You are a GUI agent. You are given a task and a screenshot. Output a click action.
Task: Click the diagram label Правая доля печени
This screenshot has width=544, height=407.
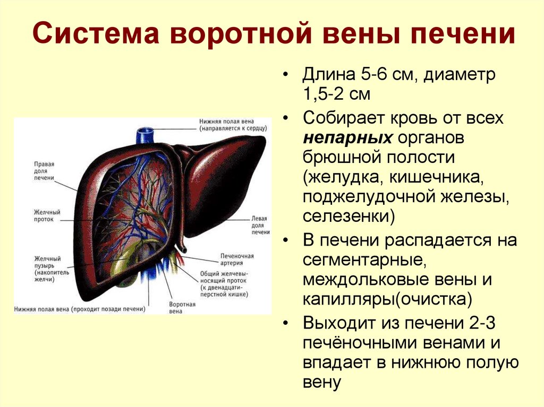click(45, 171)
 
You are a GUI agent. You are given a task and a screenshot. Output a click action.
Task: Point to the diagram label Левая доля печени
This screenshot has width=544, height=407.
click(259, 225)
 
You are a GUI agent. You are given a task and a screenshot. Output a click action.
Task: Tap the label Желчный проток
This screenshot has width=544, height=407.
click(45, 215)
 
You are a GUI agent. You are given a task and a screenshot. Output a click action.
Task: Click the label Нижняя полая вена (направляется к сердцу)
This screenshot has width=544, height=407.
click(233, 125)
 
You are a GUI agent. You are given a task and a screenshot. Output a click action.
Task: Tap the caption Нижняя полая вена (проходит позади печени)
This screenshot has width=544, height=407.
click(80, 308)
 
